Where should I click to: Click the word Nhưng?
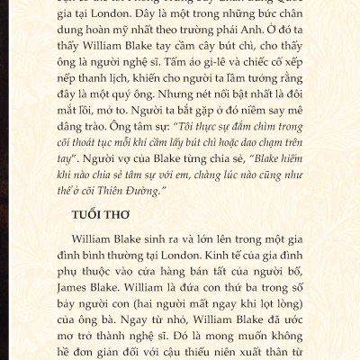195,105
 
